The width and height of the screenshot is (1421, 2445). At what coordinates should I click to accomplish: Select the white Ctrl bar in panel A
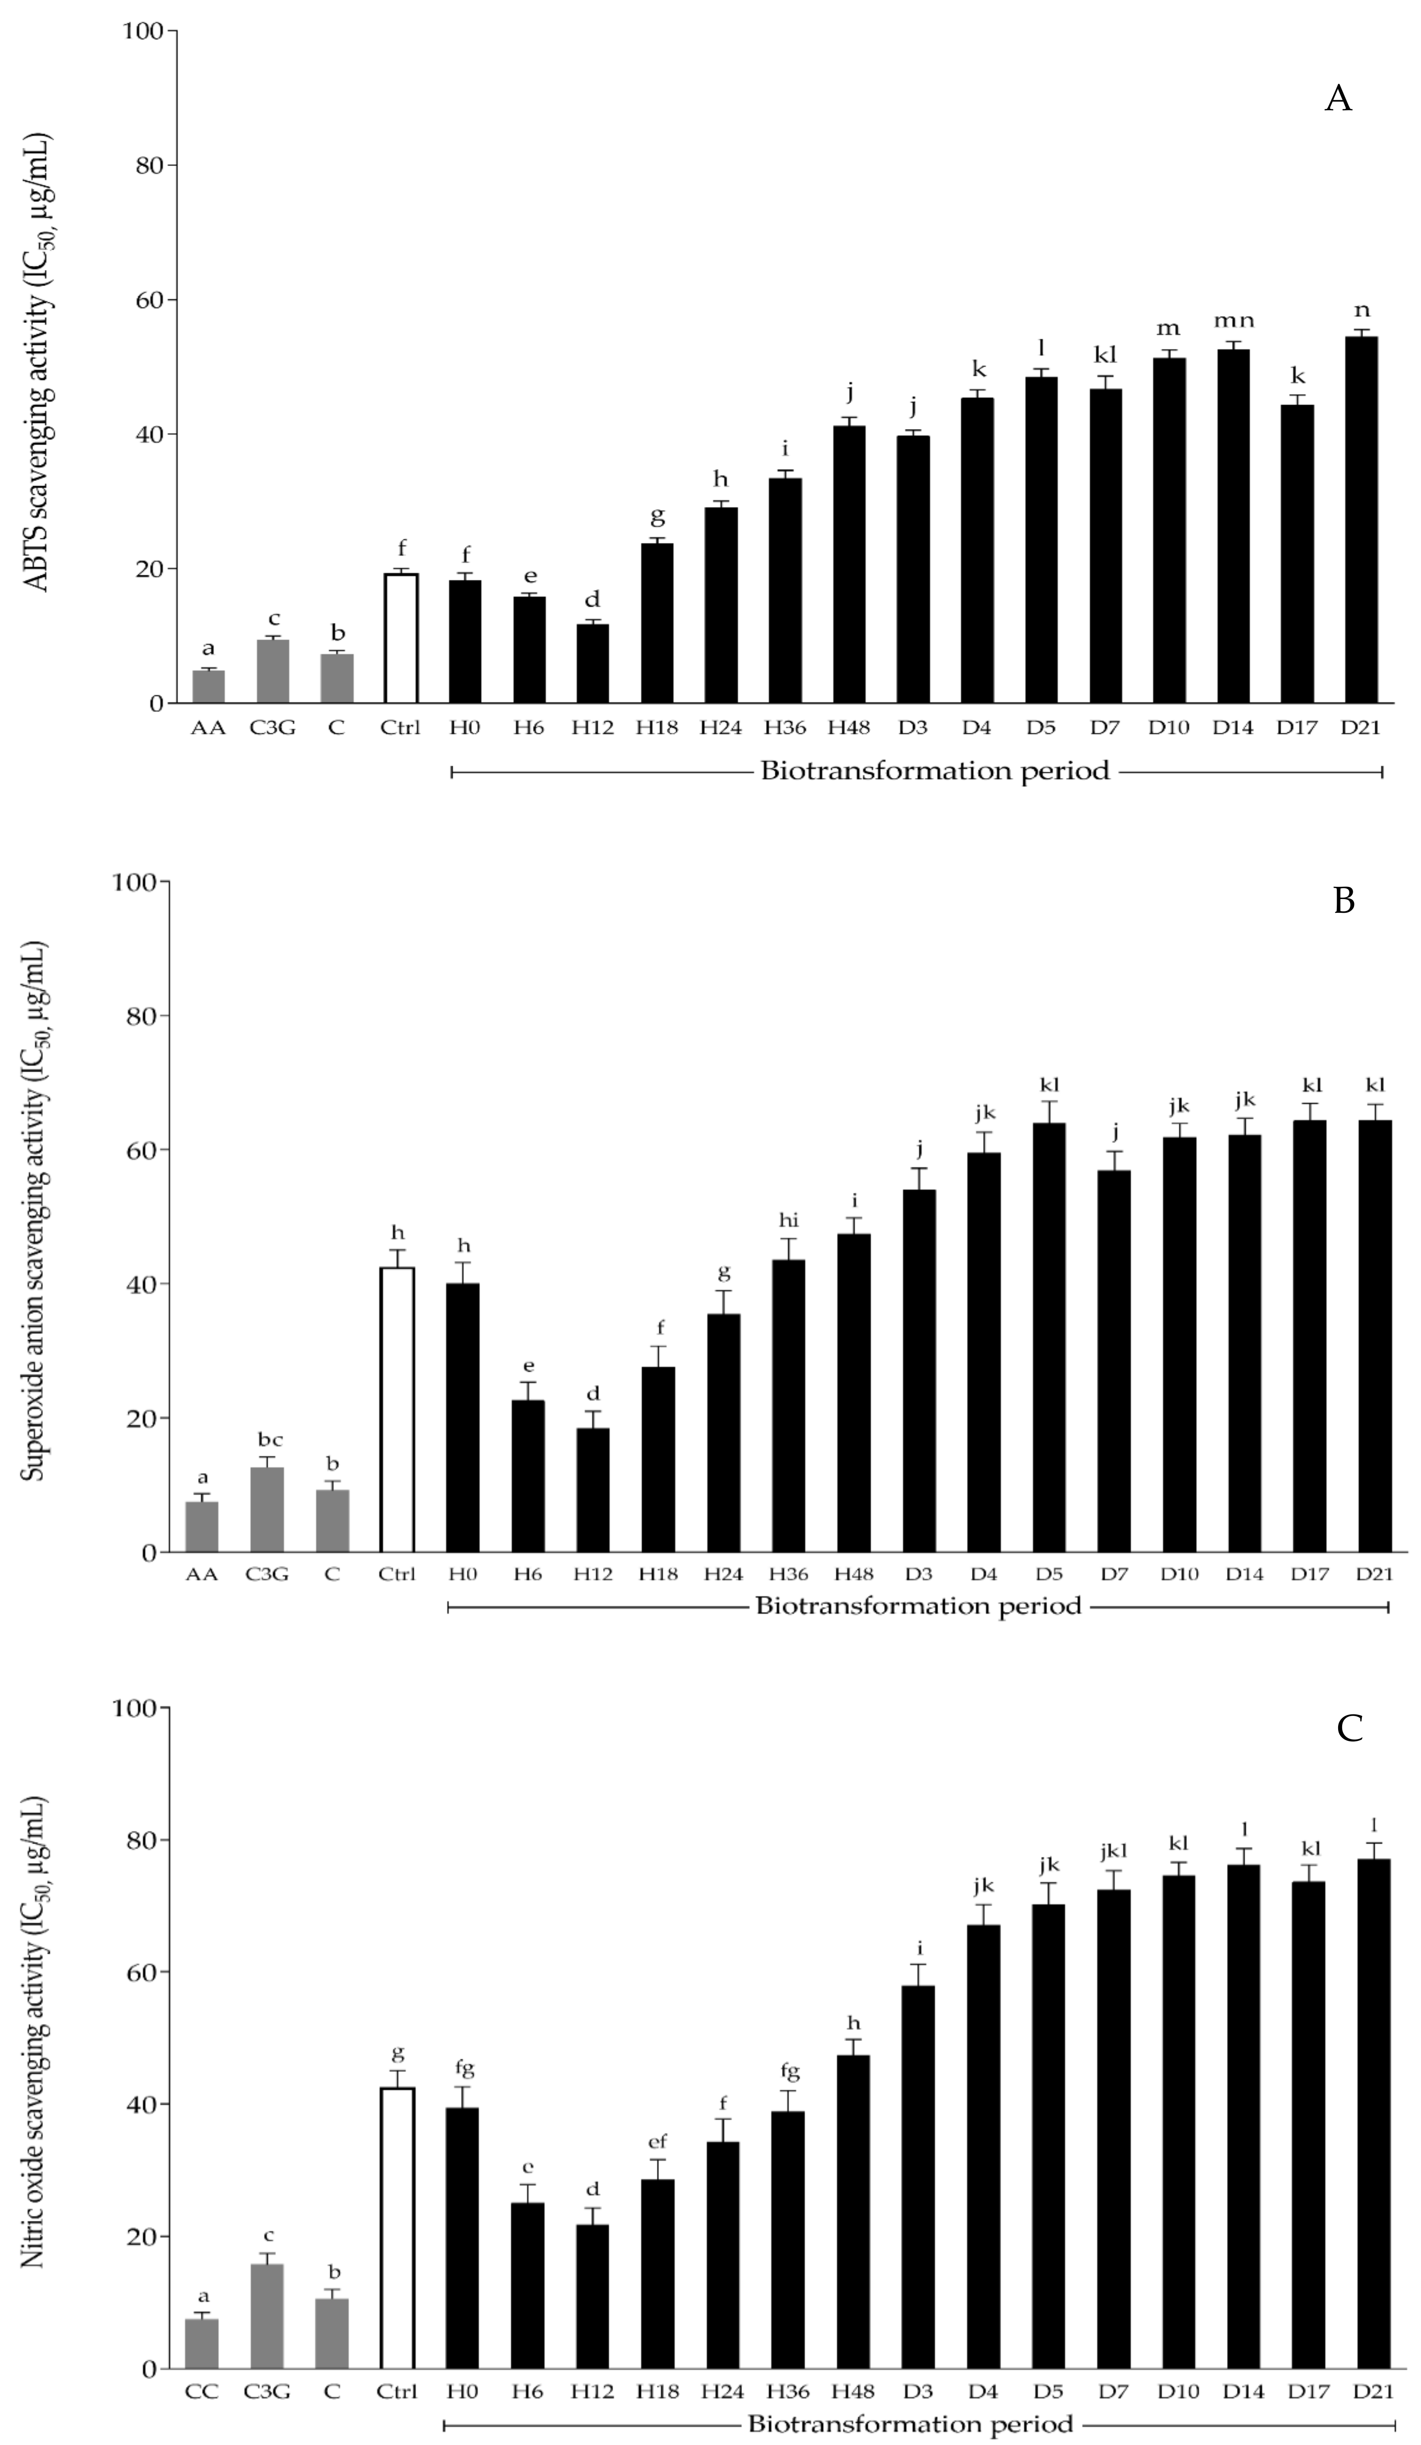(401, 638)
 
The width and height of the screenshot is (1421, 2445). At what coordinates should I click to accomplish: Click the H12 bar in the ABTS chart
(593, 663)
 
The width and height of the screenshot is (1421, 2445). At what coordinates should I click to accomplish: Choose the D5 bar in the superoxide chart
(1048, 1337)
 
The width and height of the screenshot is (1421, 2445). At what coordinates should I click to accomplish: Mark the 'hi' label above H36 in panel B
(788, 1221)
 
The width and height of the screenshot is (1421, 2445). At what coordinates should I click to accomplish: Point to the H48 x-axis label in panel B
(854, 1574)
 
